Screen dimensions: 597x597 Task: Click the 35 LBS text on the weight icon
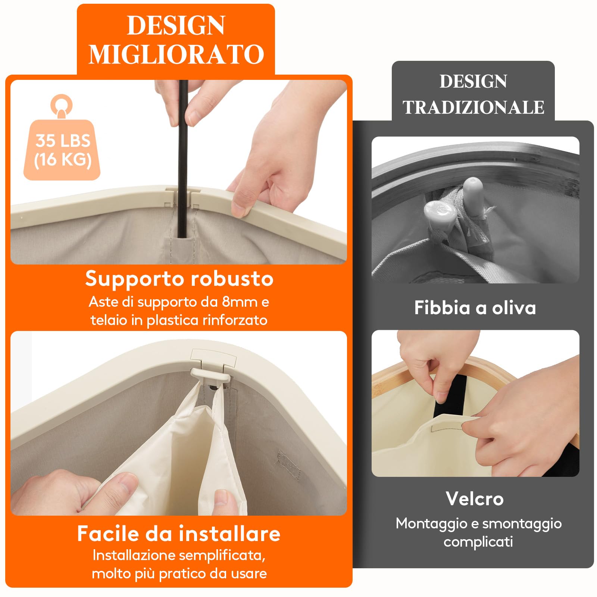coord(63,141)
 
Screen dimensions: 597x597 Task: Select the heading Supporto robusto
coord(179,279)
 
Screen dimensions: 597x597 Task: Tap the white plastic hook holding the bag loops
coord(215,374)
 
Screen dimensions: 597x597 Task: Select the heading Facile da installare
coord(179,533)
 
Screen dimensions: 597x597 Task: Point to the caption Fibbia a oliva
coord(475,308)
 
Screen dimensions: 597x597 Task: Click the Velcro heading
coord(475,499)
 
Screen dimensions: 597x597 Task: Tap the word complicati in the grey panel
coord(478,541)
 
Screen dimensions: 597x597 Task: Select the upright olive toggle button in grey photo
coord(473,194)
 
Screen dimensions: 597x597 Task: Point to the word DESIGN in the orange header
coord(176,26)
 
